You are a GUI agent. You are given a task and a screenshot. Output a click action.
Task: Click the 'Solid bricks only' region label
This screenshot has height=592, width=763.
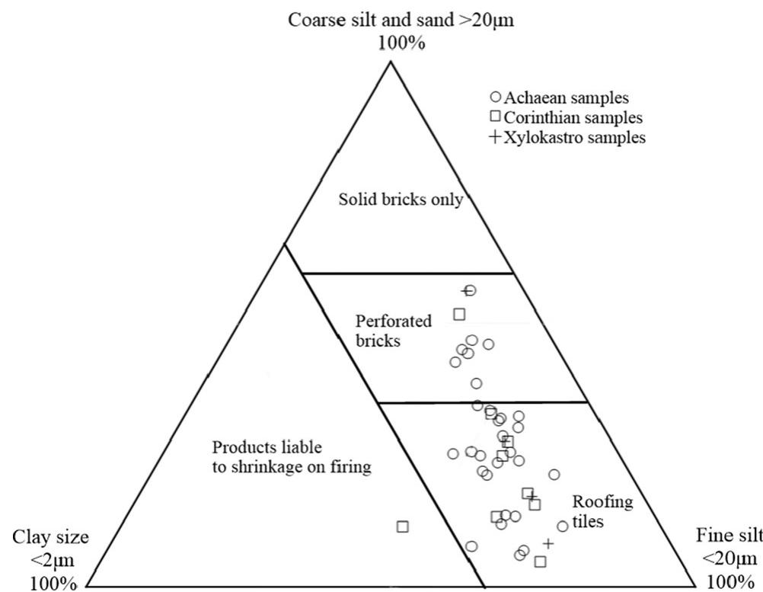tap(401, 200)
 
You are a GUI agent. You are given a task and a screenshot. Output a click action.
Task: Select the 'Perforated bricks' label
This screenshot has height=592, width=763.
tap(383, 331)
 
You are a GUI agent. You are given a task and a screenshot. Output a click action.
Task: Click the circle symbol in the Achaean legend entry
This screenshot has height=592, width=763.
tap(495, 98)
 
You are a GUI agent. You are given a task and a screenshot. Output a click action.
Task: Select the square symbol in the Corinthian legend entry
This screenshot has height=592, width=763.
tap(495, 117)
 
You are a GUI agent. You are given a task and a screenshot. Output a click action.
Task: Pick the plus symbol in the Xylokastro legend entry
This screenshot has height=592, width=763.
tap(495, 138)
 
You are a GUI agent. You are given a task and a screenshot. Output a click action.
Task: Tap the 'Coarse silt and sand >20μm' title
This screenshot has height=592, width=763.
tap(401, 20)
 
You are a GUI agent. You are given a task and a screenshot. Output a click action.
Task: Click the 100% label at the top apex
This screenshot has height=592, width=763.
tap(401, 43)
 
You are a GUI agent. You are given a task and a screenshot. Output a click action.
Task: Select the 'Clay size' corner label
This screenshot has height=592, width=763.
tap(50, 537)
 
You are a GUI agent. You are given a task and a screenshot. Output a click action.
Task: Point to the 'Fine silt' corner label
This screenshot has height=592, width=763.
tap(729, 537)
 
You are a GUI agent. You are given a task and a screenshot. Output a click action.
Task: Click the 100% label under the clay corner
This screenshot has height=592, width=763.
tap(53, 583)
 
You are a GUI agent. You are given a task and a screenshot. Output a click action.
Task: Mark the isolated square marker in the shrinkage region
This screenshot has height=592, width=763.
tap(403, 526)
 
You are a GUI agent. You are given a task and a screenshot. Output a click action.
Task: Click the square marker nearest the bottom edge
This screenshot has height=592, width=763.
tap(540, 562)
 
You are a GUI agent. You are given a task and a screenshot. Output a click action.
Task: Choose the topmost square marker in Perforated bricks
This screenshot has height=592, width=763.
tap(459, 314)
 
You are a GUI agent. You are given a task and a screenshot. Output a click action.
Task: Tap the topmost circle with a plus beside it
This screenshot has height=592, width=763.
tap(471, 290)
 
